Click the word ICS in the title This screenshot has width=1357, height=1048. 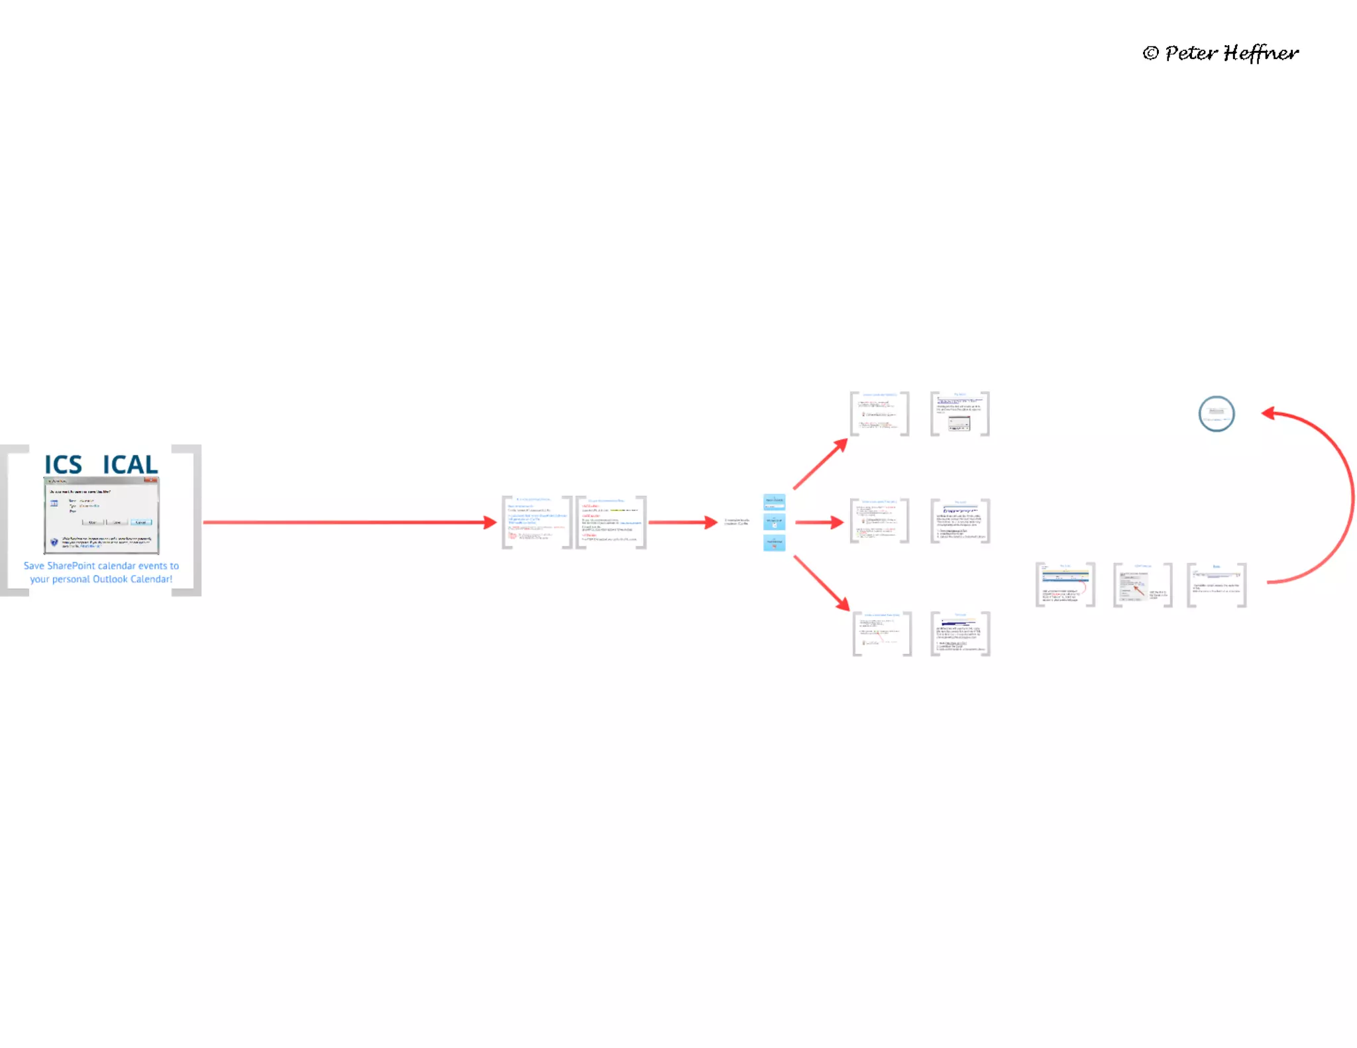pyautogui.click(x=64, y=464)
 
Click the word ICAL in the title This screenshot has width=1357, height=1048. pyautogui.click(x=130, y=464)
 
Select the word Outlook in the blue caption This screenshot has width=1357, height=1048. pyautogui.click(x=110, y=579)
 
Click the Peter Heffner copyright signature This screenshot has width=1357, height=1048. pyautogui.click(x=1221, y=53)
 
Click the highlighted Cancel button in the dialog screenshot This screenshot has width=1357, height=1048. pyautogui.click(x=141, y=522)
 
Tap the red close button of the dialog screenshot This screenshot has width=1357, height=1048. pyautogui.click(x=153, y=480)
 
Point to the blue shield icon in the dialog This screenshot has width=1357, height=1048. pyautogui.click(x=54, y=542)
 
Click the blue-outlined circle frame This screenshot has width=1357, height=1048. pyautogui.click(x=1216, y=414)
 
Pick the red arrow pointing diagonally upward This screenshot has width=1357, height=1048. pyautogui.click(x=820, y=464)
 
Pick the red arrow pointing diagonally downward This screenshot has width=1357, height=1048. pyautogui.click(x=822, y=583)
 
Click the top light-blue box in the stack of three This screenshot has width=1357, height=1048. pyautogui.click(x=774, y=501)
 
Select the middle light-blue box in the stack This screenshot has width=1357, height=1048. pyautogui.click(x=774, y=521)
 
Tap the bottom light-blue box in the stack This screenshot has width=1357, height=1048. pyautogui.click(x=774, y=543)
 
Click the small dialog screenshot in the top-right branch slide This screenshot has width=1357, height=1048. pyautogui.click(x=959, y=423)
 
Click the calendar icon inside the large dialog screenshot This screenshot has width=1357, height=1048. pyautogui.click(x=54, y=503)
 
